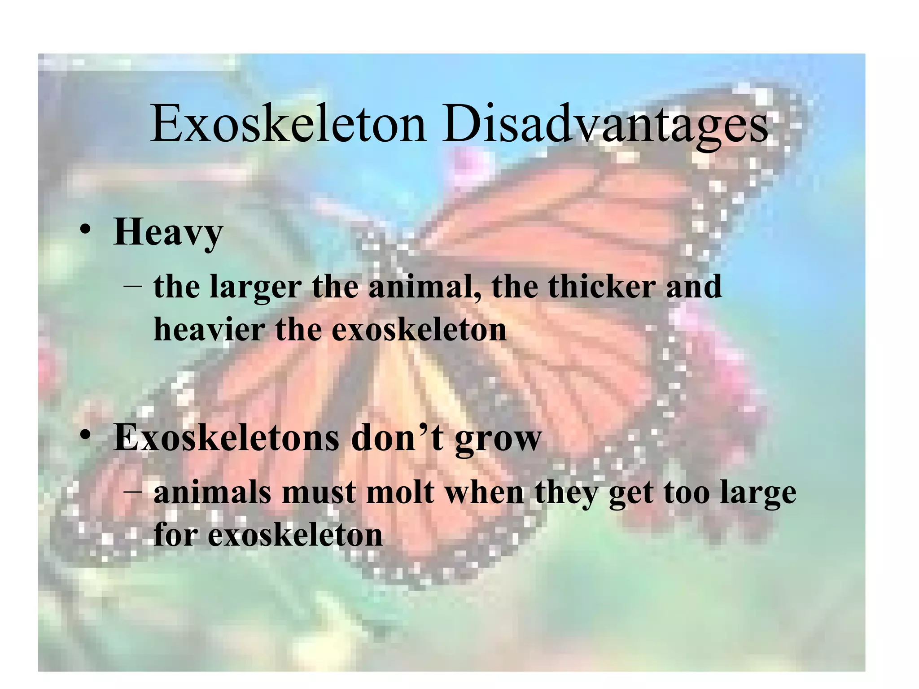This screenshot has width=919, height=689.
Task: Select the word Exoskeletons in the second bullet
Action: pyautogui.click(x=226, y=438)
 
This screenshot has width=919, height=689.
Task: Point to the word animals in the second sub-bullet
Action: pyautogui.click(x=212, y=493)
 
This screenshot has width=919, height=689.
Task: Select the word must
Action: pyautogui.click(x=319, y=493)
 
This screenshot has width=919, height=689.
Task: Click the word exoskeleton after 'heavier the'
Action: pyautogui.click(x=419, y=330)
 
